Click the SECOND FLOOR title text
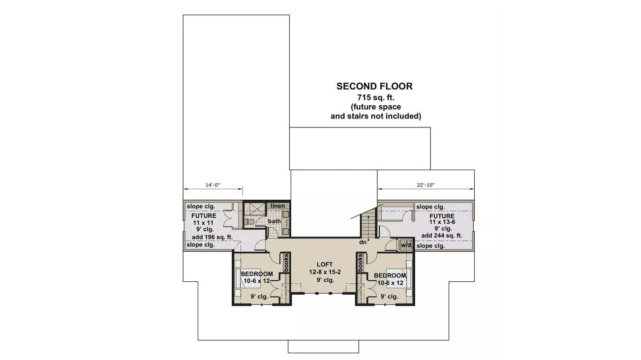click(x=374, y=86)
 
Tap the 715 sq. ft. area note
click(x=376, y=97)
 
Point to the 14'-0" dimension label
click(x=213, y=185)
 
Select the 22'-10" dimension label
click(x=426, y=185)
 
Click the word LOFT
click(x=325, y=265)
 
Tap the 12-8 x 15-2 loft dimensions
click(x=325, y=272)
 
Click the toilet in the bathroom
click(x=249, y=221)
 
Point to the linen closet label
click(x=278, y=206)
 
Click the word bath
click(x=275, y=221)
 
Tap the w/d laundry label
click(x=406, y=245)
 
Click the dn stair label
click(x=363, y=242)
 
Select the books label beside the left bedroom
click(x=286, y=263)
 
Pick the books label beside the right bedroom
click(x=360, y=263)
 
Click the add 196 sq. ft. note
click(x=212, y=237)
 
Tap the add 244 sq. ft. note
click(x=442, y=236)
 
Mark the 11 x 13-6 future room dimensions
click(x=442, y=222)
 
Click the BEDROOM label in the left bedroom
click(x=257, y=274)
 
